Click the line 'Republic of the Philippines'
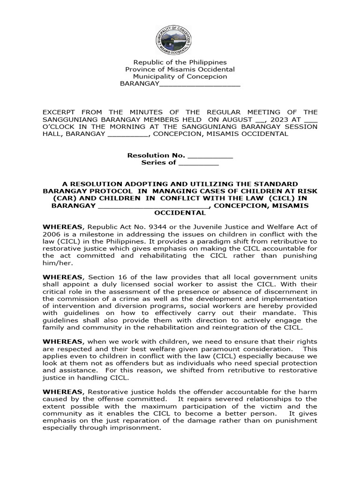tap(180, 62)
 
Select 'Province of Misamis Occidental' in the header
tap(180, 69)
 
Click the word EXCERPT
tap(60, 112)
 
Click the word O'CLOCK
tap(59, 127)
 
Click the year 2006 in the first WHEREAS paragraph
tap(52, 234)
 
